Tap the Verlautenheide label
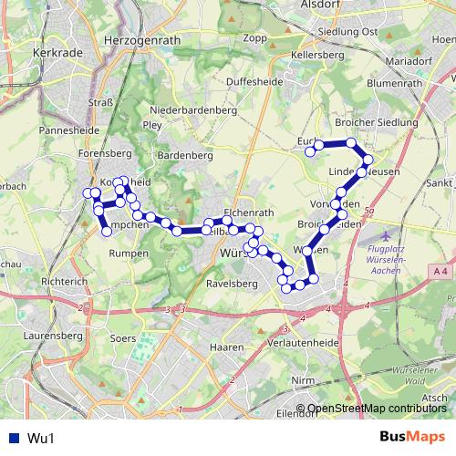pos(302,343)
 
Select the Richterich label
pos(63,282)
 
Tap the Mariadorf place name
pos(409,63)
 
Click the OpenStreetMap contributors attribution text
pos(371,409)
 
